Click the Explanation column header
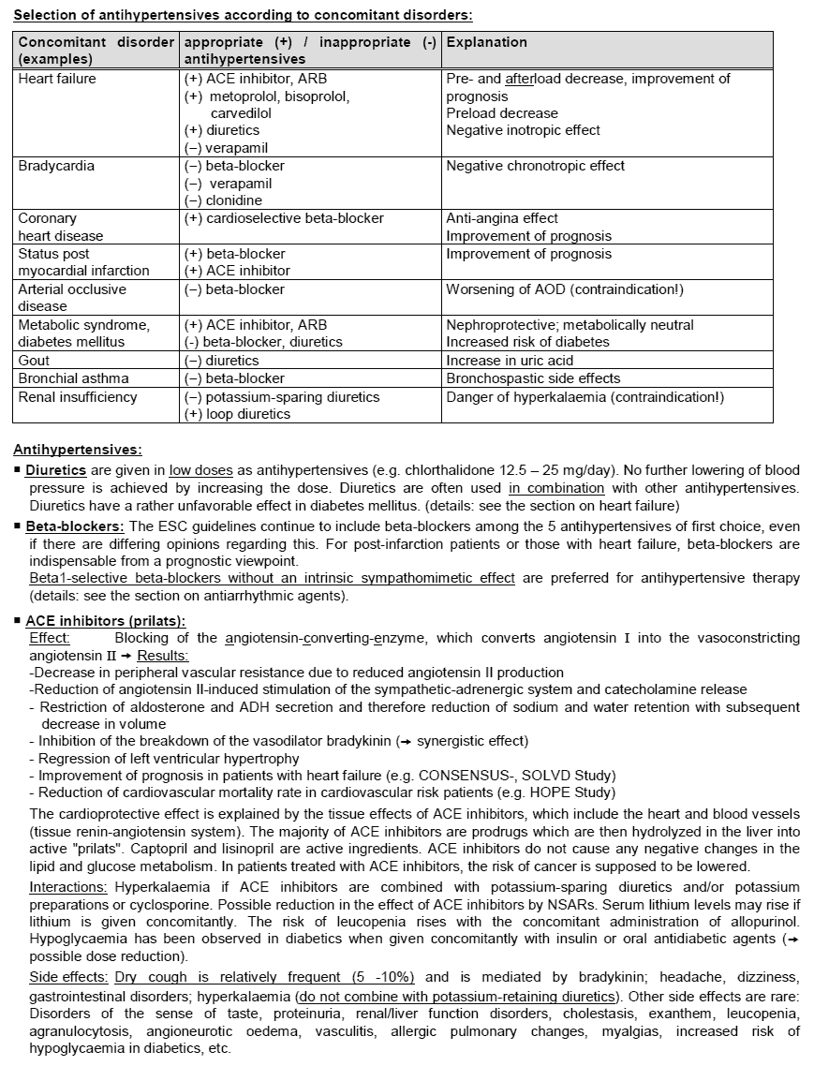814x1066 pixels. click(486, 42)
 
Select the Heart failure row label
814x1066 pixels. click(57, 79)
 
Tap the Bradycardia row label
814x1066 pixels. click(55, 166)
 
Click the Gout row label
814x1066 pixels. click(35, 360)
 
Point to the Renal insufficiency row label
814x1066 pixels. click(78, 397)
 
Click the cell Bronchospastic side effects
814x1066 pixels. click(533, 378)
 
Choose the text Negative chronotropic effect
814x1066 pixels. click(536, 166)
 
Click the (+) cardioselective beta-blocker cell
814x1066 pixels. click(285, 218)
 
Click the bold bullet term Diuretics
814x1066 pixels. click(56, 471)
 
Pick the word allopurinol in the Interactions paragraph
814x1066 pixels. click(765, 922)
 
